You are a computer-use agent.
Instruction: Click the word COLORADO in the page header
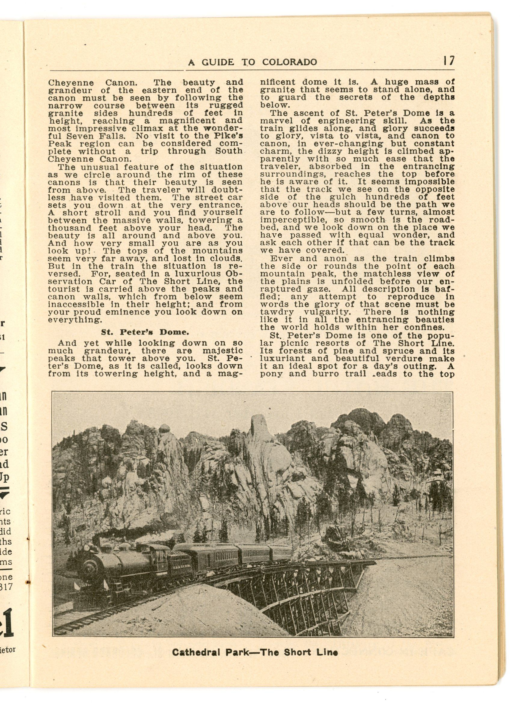(289, 62)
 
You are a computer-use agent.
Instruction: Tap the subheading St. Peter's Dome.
(145, 332)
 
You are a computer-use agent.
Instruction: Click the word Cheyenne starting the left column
(71, 83)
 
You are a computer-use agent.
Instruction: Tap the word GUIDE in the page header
(219, 62)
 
